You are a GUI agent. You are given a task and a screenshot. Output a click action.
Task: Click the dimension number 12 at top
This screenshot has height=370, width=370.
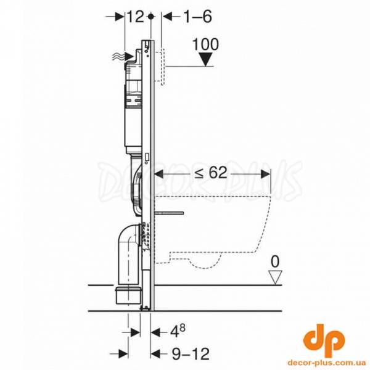[x=136, y=17]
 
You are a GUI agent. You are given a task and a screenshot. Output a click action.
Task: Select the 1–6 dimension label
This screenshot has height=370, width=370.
[x=197, y=17]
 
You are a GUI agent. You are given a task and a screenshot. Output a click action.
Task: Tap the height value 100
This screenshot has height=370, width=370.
[x=205, y=44]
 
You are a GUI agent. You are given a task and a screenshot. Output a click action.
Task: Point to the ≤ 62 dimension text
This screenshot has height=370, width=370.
[x=211, y=173]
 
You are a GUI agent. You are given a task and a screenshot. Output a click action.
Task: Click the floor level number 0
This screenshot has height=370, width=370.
[x=275, y=261]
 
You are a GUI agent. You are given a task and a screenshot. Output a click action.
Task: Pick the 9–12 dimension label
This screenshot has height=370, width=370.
[x=191, y=354]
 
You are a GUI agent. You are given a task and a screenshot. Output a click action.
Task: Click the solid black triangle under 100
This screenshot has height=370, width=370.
[x=206, y=59]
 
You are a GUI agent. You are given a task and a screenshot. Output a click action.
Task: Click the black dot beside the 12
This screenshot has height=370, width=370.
[x=150, y=17]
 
